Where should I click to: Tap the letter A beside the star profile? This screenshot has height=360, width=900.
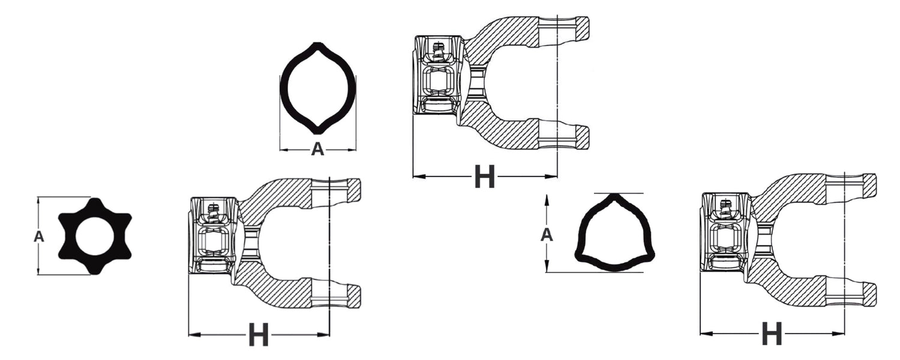38,236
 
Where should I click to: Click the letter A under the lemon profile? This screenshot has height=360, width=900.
317,149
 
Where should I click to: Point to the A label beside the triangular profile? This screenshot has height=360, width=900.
547,235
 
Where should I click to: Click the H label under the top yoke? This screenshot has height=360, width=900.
484,176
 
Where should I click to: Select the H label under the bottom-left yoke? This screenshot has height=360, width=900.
259,334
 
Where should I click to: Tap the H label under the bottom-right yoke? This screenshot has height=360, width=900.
772,333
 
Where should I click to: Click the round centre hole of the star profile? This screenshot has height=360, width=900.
94,237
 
